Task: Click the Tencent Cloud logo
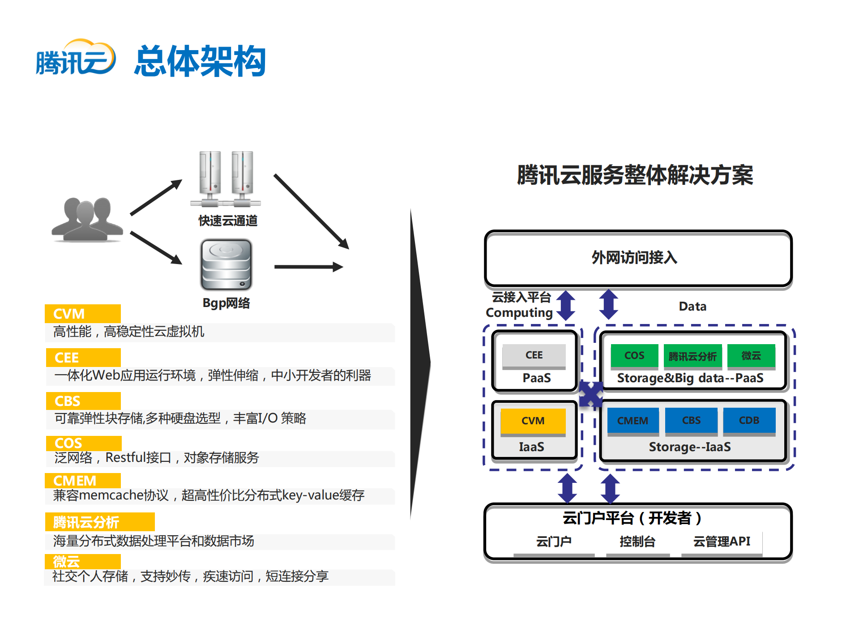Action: [x=75, y=58]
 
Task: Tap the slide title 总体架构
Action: [x=200, y=61]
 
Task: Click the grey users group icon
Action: [x=88, y=219]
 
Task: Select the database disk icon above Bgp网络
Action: [x=227, y=264]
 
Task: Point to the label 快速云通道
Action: [x=228, y=221]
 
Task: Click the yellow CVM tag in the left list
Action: [x=82, y=313]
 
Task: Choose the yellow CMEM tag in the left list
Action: [x=82, y=480]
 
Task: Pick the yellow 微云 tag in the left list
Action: [x=82, y=561]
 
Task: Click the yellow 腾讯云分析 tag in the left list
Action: [x=99, y=522]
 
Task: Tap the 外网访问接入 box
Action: [x=638, y=258]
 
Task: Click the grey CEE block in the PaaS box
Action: [x=534, y=355]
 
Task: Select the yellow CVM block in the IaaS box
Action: [x=533, y=421]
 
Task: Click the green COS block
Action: [x=634, y=355]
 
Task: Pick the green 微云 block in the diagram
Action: [x=751, y=355]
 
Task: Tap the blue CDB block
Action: [x=749, y=420]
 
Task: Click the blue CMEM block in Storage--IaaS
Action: [x=632, y=420]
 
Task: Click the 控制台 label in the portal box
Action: [x=637, y=542]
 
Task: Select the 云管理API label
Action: [x=721, y=542]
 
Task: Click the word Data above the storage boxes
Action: [x=692, y=307]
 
